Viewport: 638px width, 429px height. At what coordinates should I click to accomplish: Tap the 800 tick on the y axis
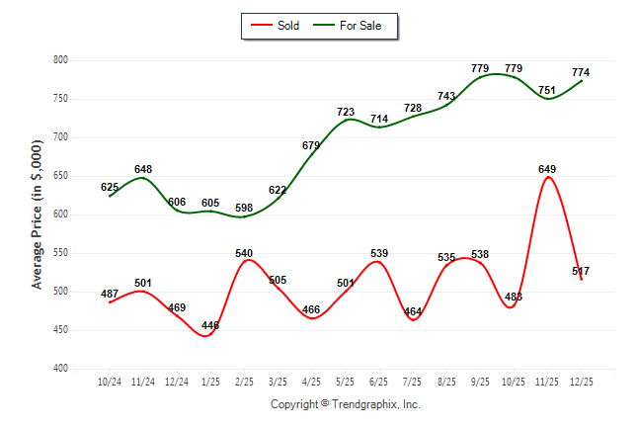click(59, 60)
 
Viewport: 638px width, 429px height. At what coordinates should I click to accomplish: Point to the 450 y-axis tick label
click(59, 330)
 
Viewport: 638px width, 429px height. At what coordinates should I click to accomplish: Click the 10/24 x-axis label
click(109, 382)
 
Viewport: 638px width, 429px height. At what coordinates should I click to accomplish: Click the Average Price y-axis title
click(37, 214)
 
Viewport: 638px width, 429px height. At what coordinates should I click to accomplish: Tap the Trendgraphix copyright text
click(346, 404)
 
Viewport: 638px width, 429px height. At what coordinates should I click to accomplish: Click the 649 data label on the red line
click(547, 169)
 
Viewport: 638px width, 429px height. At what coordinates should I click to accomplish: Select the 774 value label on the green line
click(581, 72)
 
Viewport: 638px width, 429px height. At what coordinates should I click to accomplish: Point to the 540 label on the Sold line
click(244, 253)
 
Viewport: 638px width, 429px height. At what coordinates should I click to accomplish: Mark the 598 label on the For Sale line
click(244, 208)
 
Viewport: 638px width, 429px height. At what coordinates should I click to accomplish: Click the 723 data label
click(346, 112)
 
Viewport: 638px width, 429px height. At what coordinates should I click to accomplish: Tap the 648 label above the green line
click(143, 169)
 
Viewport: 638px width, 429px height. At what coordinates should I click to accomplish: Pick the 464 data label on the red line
click(413, 311)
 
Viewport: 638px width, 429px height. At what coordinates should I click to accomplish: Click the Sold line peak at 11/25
click(547, 178)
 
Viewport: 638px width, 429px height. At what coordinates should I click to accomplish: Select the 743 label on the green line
click(446, 96)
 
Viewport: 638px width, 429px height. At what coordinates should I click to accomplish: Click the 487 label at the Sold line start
click(110, 294)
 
